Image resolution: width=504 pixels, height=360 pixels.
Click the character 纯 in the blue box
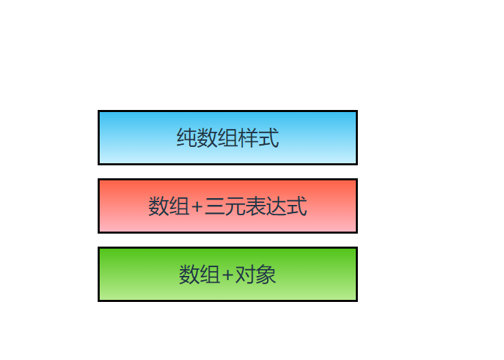pos(186,138)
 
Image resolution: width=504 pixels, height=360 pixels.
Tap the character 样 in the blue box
pos(248,138)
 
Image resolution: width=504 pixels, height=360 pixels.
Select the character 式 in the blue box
pos(268,138)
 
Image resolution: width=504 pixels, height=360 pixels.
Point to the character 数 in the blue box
pos(207,138)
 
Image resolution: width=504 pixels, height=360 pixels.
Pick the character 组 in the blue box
pos(227,138)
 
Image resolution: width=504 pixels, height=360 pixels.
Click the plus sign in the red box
pos(197,206)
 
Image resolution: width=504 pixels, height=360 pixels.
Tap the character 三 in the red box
pos(214,206)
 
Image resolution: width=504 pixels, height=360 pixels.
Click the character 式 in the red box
pos(296,206)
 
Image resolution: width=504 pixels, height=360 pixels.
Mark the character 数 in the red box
pos(158,206)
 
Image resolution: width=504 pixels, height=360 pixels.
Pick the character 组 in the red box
pos(178,206)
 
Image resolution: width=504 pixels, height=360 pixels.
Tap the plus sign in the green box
pos(227,275)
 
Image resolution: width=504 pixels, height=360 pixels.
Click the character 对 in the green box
pos(245,275)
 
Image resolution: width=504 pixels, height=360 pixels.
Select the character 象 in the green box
pos(266,275)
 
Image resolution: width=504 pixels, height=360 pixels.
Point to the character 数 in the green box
pos(188,275)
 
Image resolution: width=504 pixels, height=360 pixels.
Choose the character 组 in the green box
pos(209,275)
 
